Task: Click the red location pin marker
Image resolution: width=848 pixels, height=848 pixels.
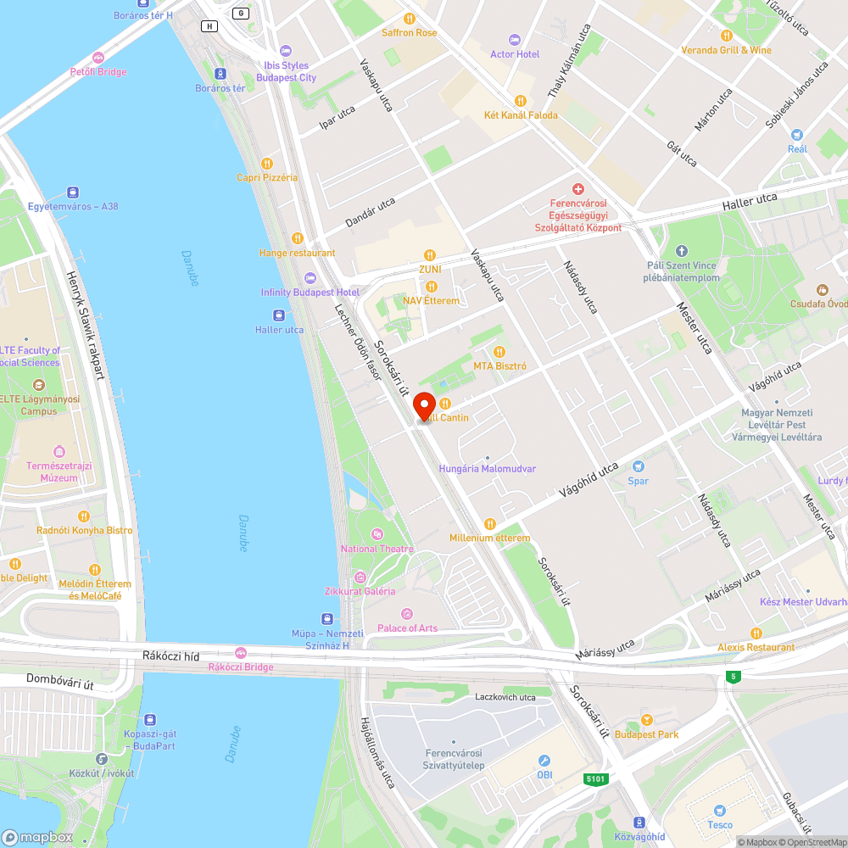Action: (423, 407)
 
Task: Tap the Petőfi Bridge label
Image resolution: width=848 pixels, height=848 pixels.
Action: (98, 72)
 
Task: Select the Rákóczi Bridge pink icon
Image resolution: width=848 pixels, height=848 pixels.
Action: (241, 653)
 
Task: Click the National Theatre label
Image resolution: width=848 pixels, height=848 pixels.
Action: (377, 549)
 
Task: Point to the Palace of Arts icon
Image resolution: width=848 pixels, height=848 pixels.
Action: (407, 614)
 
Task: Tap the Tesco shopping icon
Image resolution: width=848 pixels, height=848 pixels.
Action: (720, 811)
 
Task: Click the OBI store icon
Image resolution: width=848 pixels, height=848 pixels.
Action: (544, 761)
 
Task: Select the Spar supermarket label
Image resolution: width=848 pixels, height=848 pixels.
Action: (638, 481)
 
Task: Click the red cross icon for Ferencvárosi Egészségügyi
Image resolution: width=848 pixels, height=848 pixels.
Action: (578, 189)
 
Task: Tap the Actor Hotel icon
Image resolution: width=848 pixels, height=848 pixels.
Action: (514, 40)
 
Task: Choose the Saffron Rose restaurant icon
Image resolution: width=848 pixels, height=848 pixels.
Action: (409, 18)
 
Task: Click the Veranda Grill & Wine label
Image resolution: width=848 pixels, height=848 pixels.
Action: (726, 50)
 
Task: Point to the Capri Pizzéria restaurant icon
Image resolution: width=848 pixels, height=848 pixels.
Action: (267, 164)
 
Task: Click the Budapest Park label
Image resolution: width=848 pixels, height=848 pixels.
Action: (646, 734)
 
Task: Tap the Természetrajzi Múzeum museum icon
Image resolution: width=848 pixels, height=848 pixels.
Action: (59, 451)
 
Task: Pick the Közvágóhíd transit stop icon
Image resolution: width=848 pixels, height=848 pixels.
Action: (639, 822)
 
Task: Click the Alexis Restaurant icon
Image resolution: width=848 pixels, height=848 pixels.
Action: (755, 633)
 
